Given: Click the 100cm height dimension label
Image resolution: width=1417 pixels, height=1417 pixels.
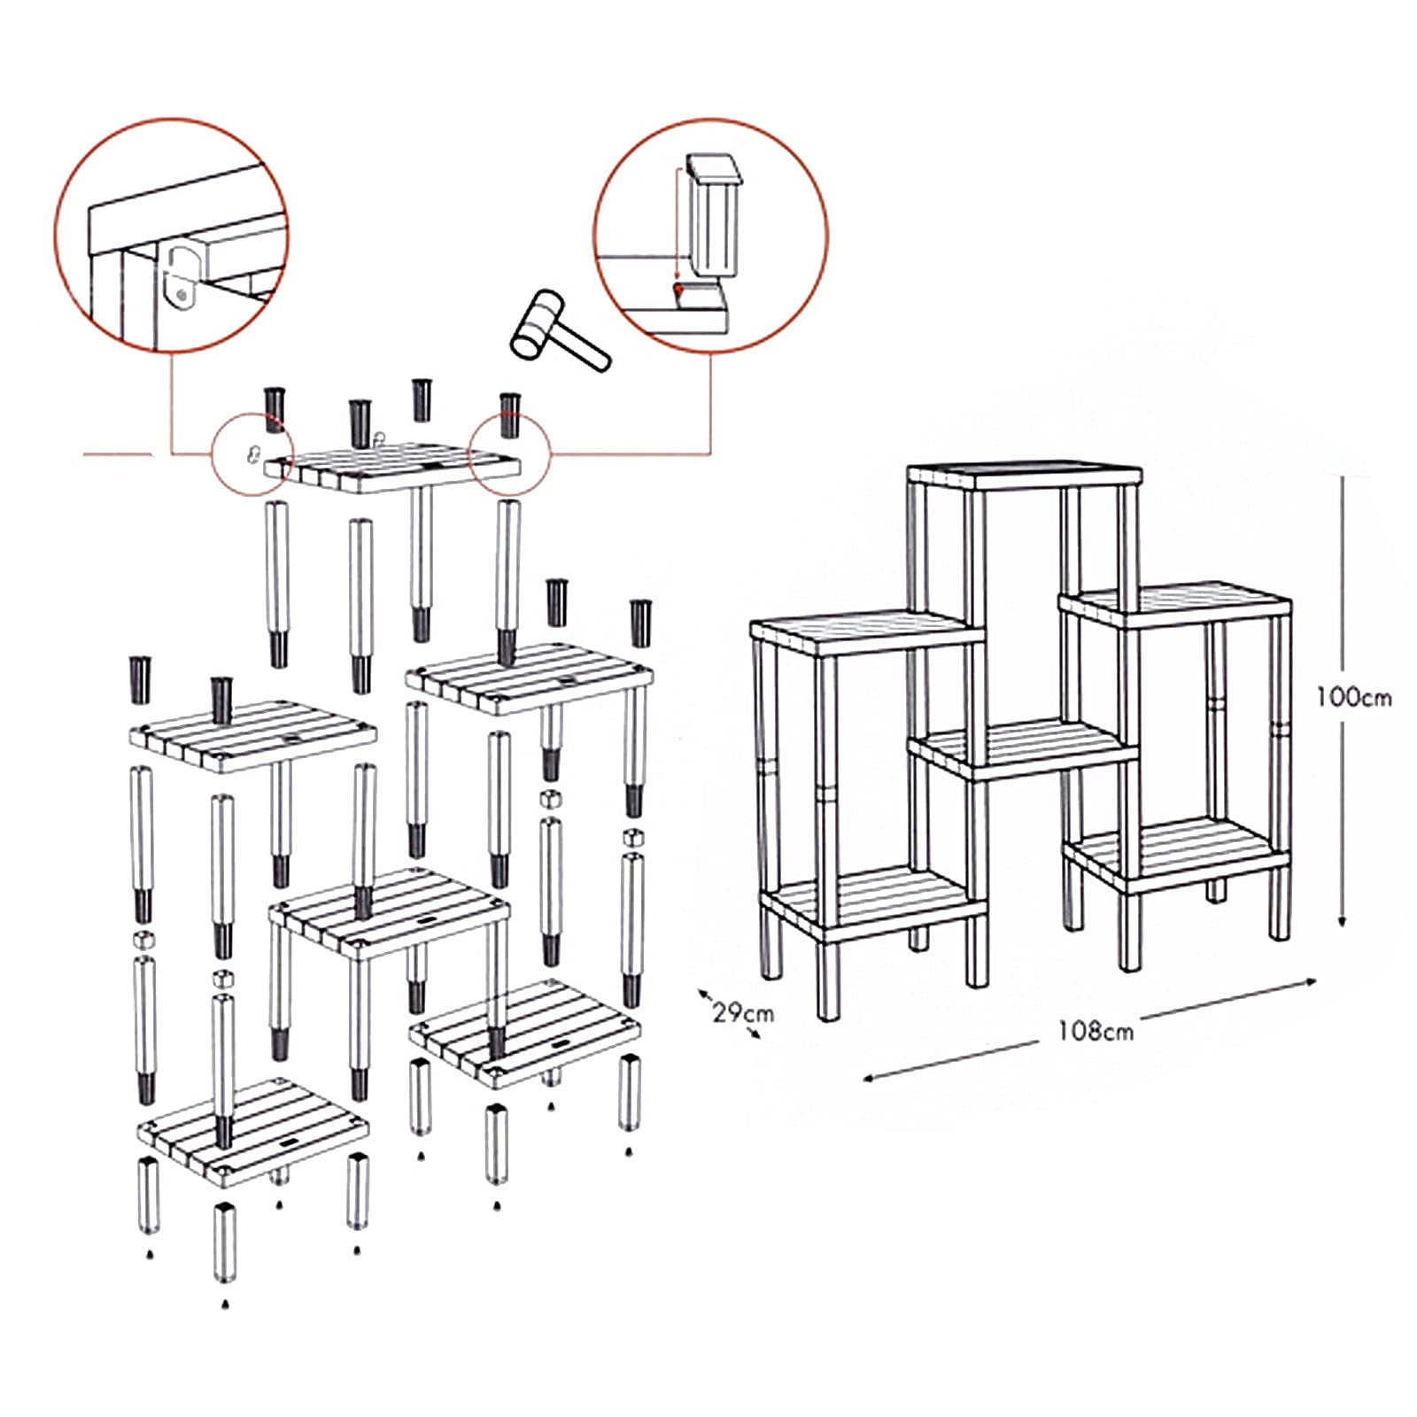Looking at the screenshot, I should point(1352,697).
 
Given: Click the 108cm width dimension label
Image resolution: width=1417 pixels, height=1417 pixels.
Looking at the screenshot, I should point(1096,1031).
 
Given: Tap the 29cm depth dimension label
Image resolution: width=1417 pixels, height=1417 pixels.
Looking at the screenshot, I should point(743,1011).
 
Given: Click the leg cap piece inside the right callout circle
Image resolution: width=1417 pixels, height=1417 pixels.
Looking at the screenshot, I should point(713,217).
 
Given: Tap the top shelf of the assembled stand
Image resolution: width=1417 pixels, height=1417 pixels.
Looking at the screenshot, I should point(1025,476).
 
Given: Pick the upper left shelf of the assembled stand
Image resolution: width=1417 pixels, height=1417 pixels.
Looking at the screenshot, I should point(866,631).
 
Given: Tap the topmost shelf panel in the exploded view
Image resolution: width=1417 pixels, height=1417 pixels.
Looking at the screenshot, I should point(394,467).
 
